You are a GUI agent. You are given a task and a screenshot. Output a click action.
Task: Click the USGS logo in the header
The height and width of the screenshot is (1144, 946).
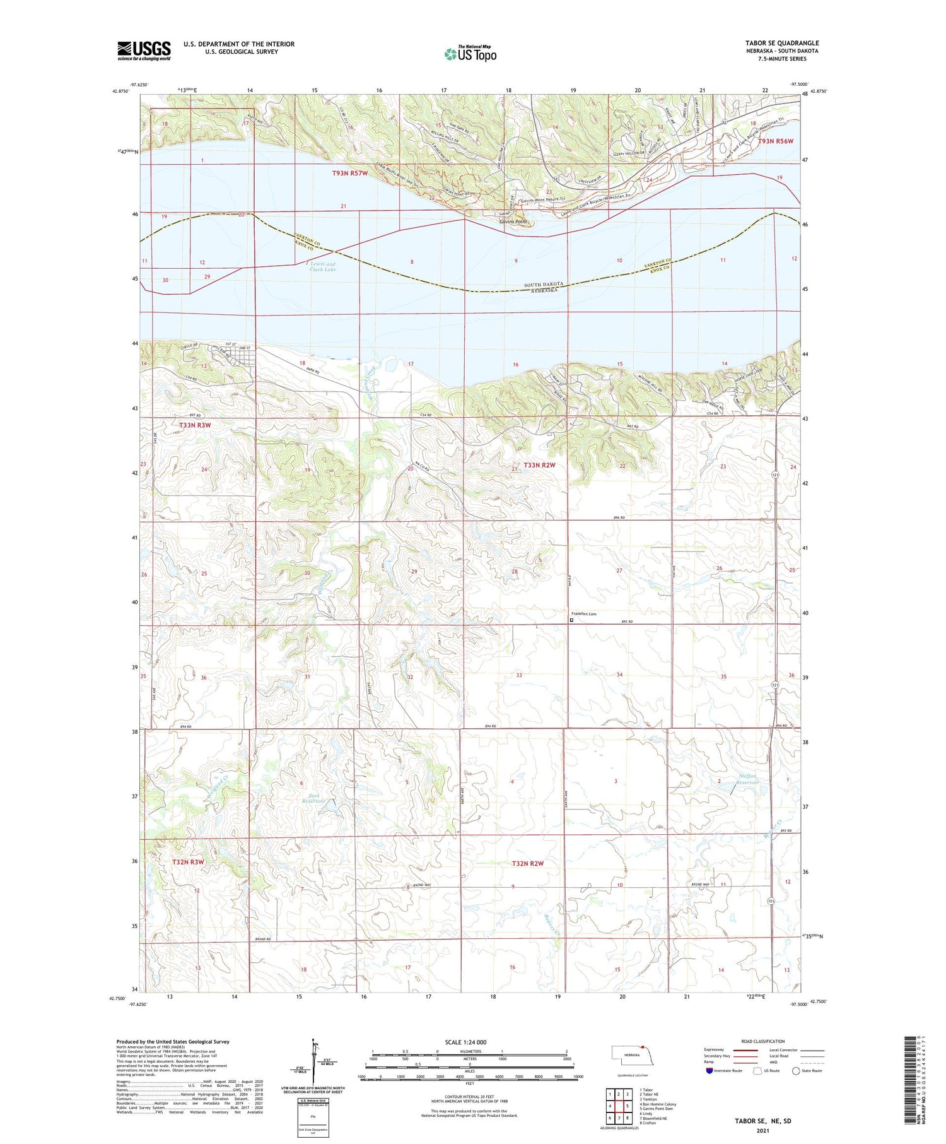[x=144, y=50]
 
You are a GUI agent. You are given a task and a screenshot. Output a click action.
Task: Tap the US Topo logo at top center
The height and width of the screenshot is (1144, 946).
[x=470, y=54]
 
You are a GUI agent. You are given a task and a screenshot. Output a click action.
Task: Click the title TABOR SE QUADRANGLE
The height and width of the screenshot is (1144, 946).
[x=782, y=43]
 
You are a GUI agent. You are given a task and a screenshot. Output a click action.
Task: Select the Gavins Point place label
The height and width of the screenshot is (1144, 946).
[x=513, y=222]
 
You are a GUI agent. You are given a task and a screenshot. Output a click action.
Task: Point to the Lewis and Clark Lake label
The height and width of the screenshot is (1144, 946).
[x=322, y=266]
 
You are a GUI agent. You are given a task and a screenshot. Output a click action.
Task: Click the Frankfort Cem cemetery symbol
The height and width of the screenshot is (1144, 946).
[x=572, y=620]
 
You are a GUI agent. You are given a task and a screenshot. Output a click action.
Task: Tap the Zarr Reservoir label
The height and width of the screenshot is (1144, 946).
[x=313, y=798]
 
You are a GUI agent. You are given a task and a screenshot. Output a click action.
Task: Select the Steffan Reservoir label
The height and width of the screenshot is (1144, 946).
[x=747, y=779]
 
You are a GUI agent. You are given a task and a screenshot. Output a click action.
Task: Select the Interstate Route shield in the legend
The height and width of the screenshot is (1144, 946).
[x=709, y=1070]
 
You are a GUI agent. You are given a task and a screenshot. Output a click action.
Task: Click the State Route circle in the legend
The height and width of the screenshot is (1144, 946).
[x=796, y=1070]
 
